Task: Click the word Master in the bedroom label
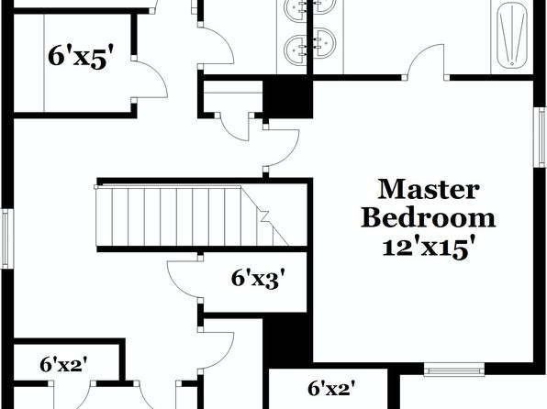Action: point(429,189)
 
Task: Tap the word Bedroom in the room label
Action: point(428,218)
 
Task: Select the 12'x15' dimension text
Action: point(430,248)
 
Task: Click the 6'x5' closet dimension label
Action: point(82,56)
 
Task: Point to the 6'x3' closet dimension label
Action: point(256,279)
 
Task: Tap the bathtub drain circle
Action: point(512,63)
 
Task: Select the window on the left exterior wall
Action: point(6,238)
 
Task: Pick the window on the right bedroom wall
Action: point(541,138)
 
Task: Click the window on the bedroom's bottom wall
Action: point(454,370)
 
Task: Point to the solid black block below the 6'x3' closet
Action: point(287,340)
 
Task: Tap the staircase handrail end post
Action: point(96,187)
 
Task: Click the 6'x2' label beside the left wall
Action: point(63,365)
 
